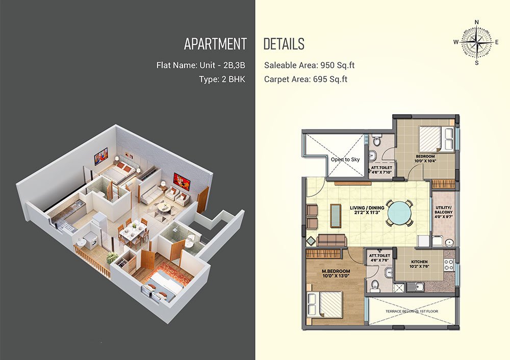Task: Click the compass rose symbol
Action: pos(476,42)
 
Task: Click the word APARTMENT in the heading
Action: pos(215,44)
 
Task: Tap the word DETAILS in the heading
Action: pos(284,44)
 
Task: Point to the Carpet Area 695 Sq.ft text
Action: pos(305,80)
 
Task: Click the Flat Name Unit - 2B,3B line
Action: pos(200,65)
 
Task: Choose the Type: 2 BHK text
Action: pos(222,80)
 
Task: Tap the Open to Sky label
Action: pos(345,160)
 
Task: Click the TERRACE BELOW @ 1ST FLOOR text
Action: pos(412,311)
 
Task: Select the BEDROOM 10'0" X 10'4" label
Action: pos(425,159)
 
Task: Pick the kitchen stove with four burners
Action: pos(449,264)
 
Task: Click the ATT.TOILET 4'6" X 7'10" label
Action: pos(381,170)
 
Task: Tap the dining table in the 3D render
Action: pos(133,232)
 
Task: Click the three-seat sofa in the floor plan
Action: pos(331,240)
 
